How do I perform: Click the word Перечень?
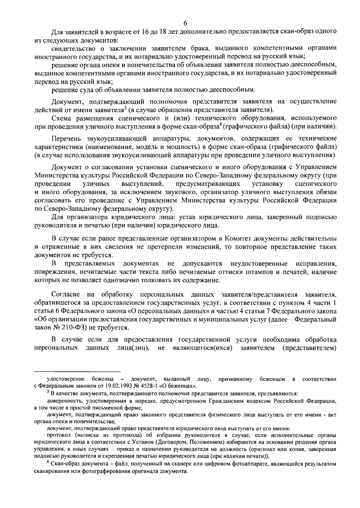65,139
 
